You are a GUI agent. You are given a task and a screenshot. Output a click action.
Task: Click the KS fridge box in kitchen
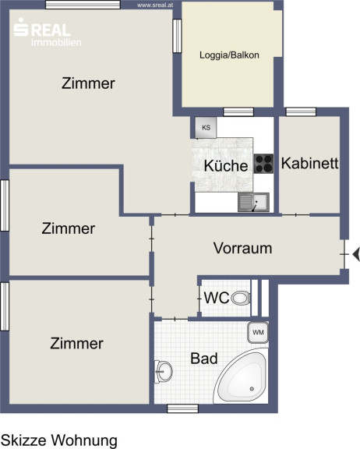point(206,127)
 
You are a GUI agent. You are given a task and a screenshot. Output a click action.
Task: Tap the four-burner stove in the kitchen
point(263,164)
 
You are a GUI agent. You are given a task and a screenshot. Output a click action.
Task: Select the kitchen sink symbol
point(253,202)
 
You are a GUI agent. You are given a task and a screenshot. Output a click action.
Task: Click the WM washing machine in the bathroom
point(258,332)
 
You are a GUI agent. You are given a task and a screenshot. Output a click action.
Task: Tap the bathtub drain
point(252,388)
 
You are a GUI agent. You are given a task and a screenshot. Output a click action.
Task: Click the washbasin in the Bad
point(164,371)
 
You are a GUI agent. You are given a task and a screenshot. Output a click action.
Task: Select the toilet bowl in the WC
point(241,298)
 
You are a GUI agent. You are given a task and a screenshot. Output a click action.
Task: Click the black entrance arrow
point(356,254)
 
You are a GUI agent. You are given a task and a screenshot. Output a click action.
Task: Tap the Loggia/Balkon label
point(229,55)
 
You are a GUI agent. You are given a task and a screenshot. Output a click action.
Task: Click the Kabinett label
point(310,163)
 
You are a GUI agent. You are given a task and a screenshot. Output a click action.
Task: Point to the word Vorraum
point(242,248)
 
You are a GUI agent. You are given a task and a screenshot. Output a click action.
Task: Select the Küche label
point(226,166)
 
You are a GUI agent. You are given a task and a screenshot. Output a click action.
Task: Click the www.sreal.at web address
point(155,5)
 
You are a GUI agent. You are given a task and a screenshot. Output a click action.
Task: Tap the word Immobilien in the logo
point(56,43)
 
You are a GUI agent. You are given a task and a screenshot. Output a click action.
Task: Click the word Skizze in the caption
point(24,440)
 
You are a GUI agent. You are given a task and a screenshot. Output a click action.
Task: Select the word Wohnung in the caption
point(84,440)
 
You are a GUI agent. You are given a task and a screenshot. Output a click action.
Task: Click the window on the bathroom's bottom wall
point(182,408)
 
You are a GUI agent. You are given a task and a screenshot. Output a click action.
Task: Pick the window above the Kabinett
point(301,111)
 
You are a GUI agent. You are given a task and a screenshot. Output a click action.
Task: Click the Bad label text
point(204,359)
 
